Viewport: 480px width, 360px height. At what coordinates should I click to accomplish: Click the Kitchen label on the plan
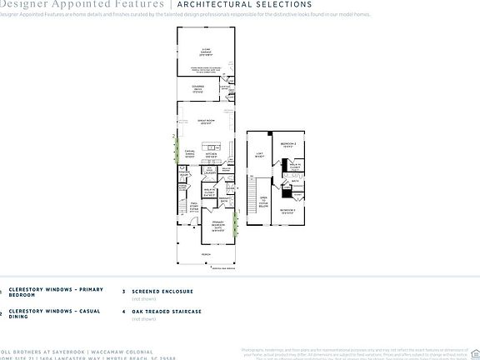point(212,155)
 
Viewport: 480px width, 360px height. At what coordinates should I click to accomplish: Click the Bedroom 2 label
point(288,143)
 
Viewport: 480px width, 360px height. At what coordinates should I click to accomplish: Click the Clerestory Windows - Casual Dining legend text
point(55,313)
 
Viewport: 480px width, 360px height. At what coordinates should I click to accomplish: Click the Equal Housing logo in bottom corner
point(475,351)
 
